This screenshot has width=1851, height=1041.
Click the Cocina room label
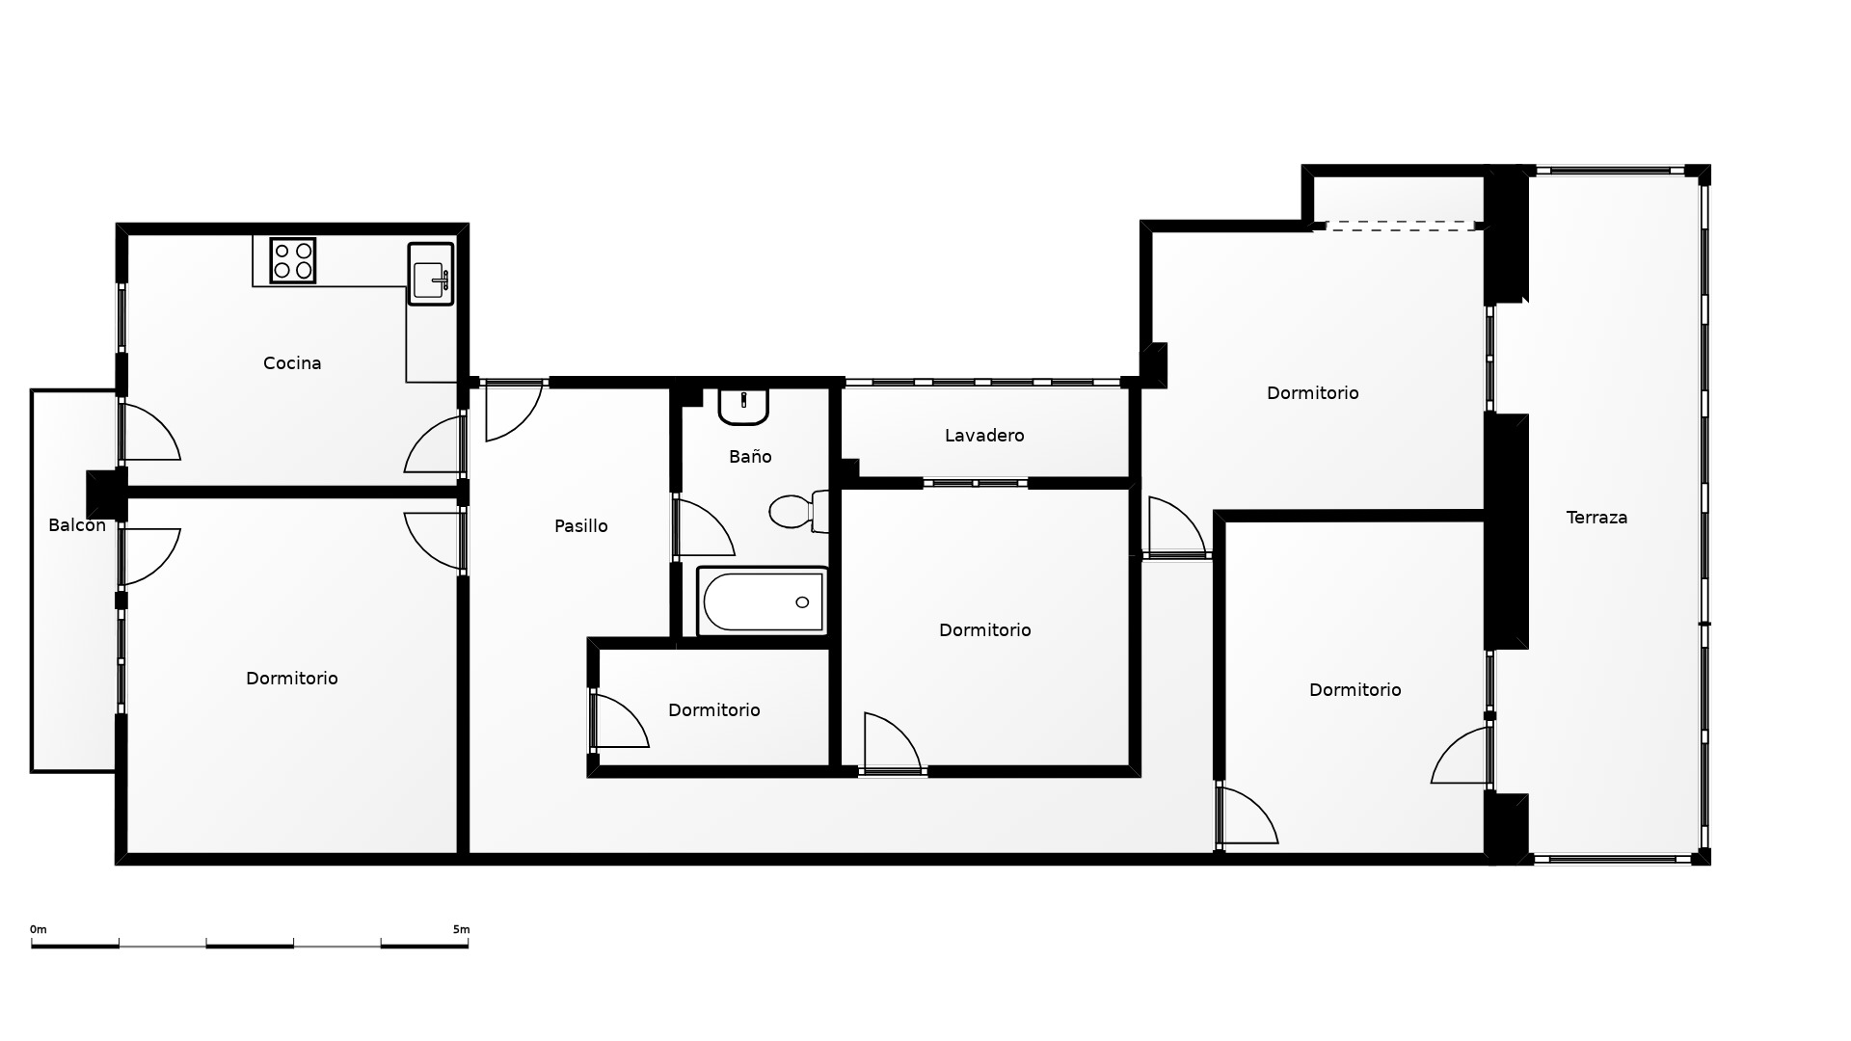(292, 363)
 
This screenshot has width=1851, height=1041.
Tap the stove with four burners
(293, 260)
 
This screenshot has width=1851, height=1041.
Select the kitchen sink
(430, 274)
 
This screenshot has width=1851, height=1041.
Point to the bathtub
(762, 601)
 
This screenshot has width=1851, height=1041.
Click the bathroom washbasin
(743, 406)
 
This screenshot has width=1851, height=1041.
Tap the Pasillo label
(581, 526)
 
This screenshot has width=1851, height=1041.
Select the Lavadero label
(984, 436)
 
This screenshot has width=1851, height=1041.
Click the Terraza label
(1597, 518)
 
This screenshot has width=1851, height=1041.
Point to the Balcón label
(77, 525)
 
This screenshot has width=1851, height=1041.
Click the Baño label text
(750, 457)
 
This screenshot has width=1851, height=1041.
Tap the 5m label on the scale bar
(461, 929)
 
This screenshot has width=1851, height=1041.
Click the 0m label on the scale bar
(39, 929)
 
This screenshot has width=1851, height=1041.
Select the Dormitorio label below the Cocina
(292, 679)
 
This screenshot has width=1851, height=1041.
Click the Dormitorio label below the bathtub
(714, 710)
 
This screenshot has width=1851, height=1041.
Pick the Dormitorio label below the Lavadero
(985, 630)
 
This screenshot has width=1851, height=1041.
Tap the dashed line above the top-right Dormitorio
(1401, 225)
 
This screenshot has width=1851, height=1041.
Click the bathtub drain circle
(802, 602)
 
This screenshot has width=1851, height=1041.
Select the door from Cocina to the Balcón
(149, 431)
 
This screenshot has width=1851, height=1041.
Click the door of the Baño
(704, 526)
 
